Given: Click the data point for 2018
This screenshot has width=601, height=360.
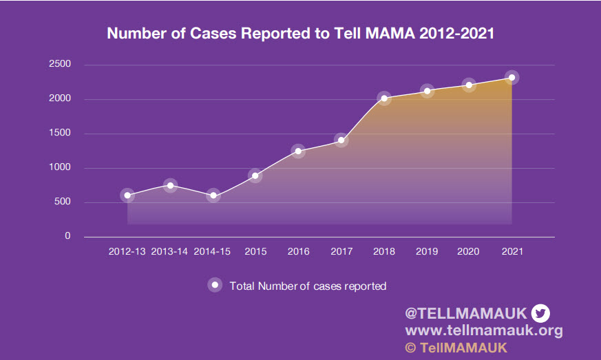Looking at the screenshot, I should tap(384, 98).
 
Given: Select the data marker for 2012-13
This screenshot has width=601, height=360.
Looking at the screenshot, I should tap(127, 195).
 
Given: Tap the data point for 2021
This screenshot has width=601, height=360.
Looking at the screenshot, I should tap(512, 77).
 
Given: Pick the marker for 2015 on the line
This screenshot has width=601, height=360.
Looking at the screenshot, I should tap(255, 176).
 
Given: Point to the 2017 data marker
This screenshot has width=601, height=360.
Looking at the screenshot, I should tap(341, 140).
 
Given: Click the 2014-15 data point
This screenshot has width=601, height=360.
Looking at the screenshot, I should tap(213, 195).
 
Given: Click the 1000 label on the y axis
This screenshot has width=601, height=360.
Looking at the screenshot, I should tap(59, 167).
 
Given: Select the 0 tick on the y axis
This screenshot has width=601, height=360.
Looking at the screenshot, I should tap(67, 236).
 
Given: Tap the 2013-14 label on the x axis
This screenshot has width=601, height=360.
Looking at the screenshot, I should tap(169, 252).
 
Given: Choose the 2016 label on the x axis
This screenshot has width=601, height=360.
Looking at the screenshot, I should tap(298, 252).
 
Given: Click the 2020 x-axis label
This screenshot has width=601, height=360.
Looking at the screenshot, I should tap(469, 252).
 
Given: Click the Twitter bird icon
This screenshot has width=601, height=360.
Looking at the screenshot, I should tap(540, 313).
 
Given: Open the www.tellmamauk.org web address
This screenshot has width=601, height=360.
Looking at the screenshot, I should tap(484, 330).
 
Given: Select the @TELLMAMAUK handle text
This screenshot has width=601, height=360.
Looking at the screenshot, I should tap(466, 313).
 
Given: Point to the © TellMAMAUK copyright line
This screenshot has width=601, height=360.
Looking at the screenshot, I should tap(456, 348).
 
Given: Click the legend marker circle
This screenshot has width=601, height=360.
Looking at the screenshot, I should tap(215, 285).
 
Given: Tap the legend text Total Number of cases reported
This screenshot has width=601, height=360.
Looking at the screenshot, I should tap(308, 286).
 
